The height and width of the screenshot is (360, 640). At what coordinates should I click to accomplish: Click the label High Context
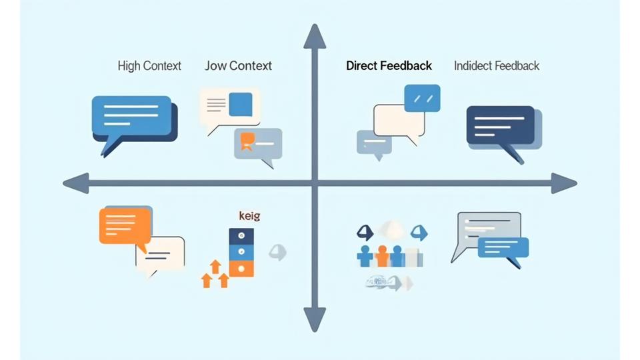coord(149,66)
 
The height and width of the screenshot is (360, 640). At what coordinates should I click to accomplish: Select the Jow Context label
coord(238,66)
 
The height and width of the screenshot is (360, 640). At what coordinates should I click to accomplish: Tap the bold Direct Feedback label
coord(389,66)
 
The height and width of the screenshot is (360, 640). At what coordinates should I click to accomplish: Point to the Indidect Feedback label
coord(496,66)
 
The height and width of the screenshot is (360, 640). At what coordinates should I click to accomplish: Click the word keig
coord(249,216)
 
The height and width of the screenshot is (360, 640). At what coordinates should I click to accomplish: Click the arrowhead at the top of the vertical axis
coord(315,37)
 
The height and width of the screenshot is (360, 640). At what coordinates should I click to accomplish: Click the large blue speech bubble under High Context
coord(132,117)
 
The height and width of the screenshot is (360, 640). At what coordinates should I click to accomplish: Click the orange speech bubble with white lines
coord(124,226)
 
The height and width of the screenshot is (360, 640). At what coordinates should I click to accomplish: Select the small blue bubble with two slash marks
coord(422,98)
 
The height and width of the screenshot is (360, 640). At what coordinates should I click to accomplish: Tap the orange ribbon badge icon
coord(247,141)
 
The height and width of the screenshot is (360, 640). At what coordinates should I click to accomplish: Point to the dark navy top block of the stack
coord(241,235)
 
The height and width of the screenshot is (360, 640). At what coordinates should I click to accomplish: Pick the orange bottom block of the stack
coord(241,268)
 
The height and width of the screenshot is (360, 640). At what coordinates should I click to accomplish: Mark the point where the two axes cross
coord(315,183)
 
